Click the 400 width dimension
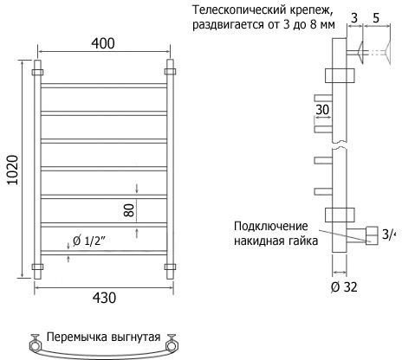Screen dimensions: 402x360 pyautogui.click(x=103, y=43)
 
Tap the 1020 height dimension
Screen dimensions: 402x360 pyautogui.click(x=13, y=170)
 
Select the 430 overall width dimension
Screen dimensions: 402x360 pyautogui.click(x=104, y=298)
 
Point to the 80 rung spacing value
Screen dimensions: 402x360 pyautogui.click(x=129, y=210)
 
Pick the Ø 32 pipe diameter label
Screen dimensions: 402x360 pyautogui.click(x=344, y=287)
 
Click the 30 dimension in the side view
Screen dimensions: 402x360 pyautogui.click(x=322, y=110)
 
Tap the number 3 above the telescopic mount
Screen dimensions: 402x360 pyautogui.click(x=354, y=18)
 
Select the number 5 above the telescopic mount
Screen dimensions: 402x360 pyautogui.click(x=376, y=18)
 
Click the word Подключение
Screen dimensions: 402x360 pyautogui.click(x=271, y=226)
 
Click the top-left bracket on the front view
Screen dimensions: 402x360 pyautogui.click(x=37, y=72)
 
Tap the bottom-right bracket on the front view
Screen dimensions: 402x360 pyautogui.click(x=170, y=267)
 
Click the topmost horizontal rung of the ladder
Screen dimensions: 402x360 pyautogui.click(x=104, y=86)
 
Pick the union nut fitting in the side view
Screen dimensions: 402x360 pyautogui.click(x=372, y=235)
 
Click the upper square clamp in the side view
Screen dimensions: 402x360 pyautogui.click(x=340, y=75)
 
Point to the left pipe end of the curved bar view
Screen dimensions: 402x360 pyautogui.click(x=35, y=344)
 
